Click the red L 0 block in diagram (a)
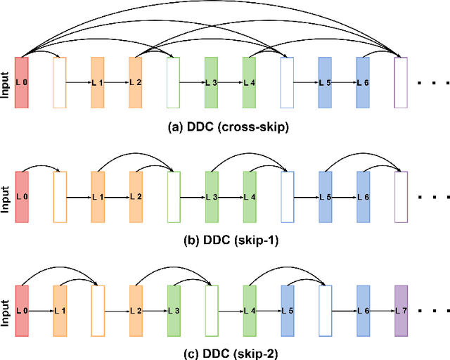[x=21, y=83]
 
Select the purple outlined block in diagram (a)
[x=401, y=83]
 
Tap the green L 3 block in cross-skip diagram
[x=211, y=83]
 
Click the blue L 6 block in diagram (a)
[x=363, y=83]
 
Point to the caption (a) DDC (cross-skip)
[x=224, y=127]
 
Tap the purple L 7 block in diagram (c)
[x=401, y=310]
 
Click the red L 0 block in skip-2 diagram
[x=21, y=310]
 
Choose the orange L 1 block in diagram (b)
[x=97, y=196]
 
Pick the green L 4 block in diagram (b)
[x=249, y=196]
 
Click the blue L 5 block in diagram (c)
[x=287, y=310]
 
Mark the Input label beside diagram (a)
[x=6, y=83]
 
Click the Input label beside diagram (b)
[x=6, y=196]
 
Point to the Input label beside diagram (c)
[x=6, y=310]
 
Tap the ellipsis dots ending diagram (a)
[x=429, y=84]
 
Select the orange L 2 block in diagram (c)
[x=135, y=310]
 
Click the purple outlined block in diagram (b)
[x=401, y=196]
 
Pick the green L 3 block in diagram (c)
[x=173, y=310]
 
